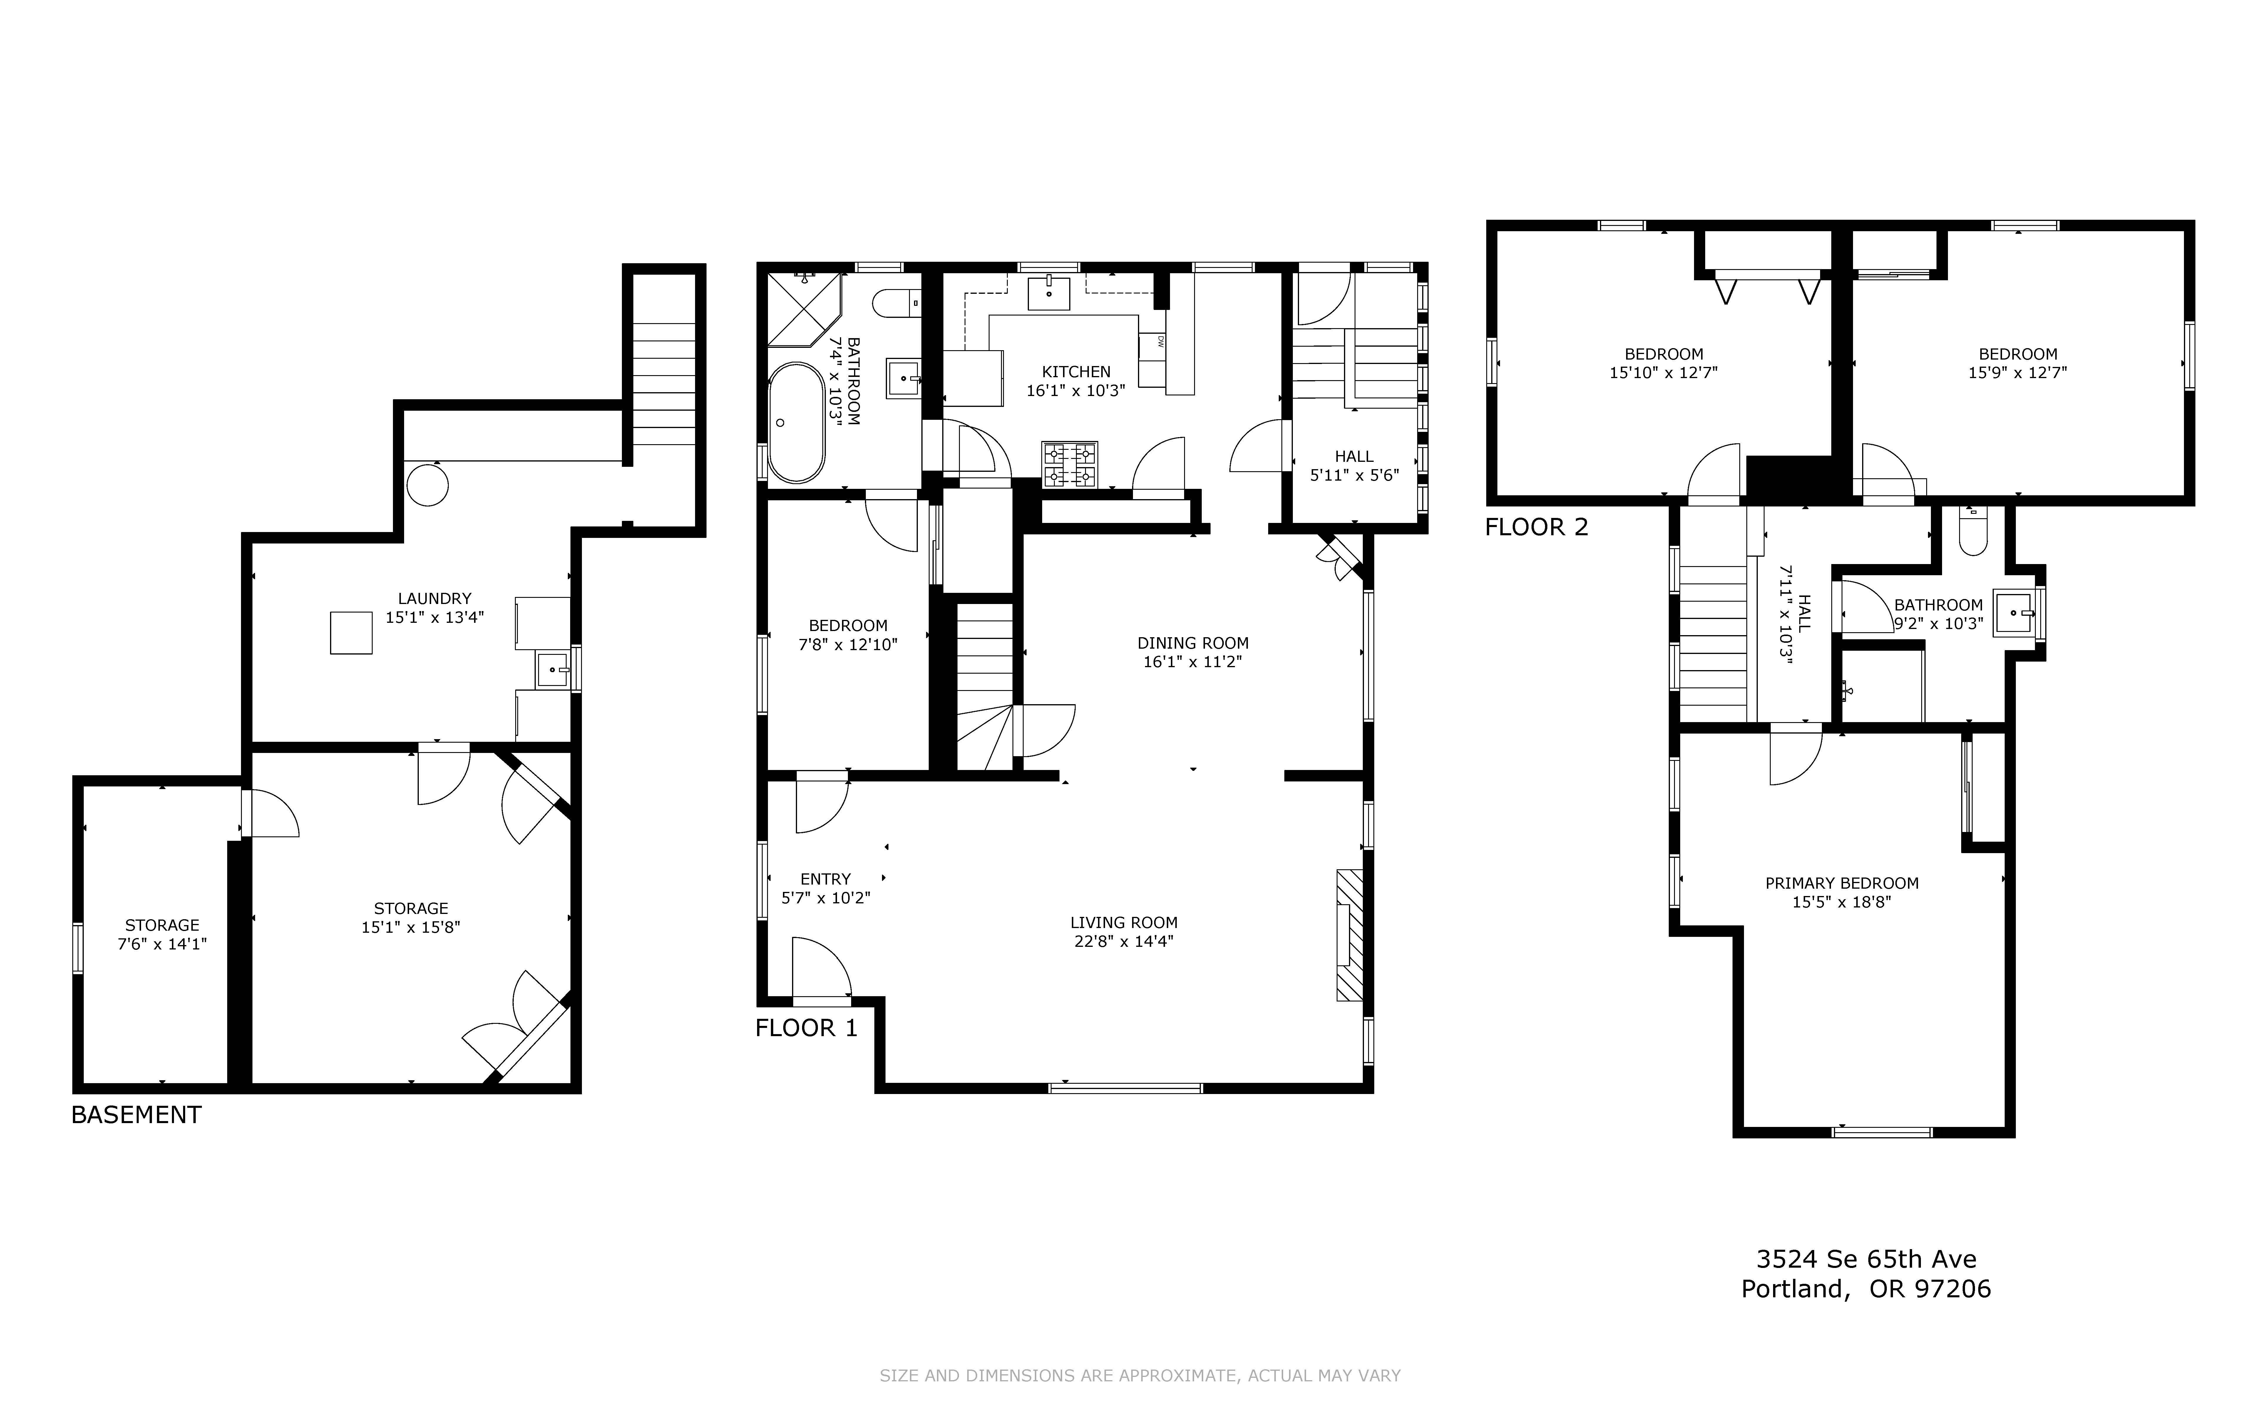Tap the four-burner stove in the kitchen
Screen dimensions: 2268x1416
(x=1069, y=464)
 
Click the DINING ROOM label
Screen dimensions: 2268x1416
(x=1193, y=643)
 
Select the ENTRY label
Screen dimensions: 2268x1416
(x=825, y=879)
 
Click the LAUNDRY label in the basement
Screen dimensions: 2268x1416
(x=435, y=598)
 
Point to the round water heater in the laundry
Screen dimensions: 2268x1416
(x=427, y=484)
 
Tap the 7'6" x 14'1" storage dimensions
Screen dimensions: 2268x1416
(x=162, y=944)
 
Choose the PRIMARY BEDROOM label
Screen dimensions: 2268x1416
(x=1842, y=883)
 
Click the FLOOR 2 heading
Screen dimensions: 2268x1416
(x=1536, y=527)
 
